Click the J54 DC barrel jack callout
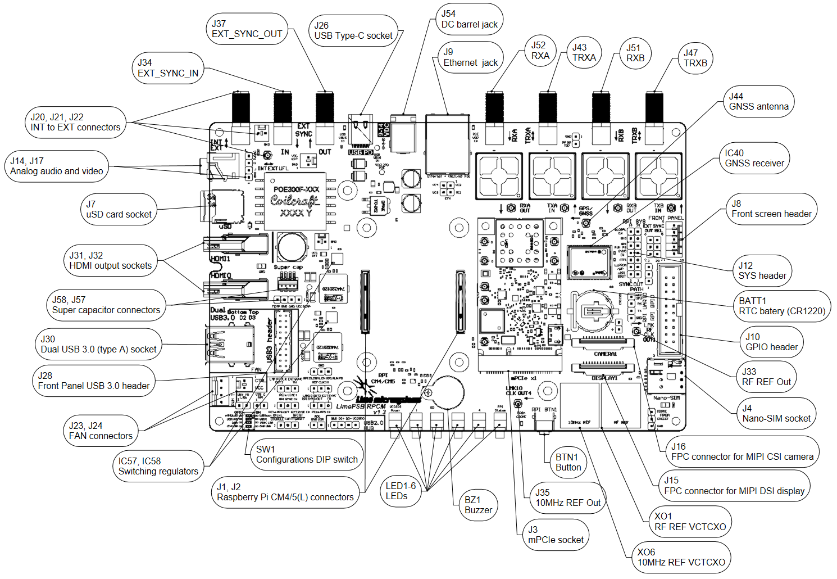pos(469,19)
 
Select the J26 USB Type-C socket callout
pos(353,31)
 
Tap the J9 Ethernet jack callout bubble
pos(470,57)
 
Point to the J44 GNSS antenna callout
pos(758,102)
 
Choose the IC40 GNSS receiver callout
pos(754,159)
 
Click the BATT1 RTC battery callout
pos(782,306)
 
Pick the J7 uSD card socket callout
pos(119,210)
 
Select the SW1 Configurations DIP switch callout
pos(307,455)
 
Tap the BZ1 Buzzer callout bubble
pos(478,505)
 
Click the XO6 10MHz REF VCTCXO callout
pos(681,558)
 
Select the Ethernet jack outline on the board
pos(448,145)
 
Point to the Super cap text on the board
pos(289,268)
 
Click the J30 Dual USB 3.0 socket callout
pos(98,345)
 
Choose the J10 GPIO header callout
pos(771,342)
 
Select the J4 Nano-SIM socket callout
pos(776,414)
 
